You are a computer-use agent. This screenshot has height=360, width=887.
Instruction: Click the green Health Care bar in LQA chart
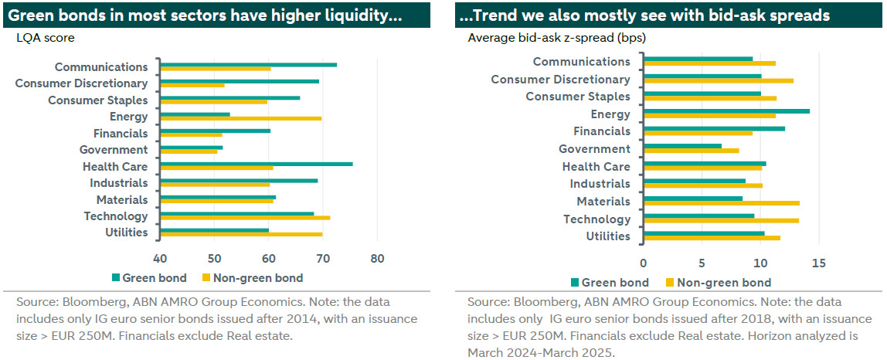click(255, 164)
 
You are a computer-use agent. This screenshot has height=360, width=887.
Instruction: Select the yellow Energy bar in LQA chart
click(240, 118)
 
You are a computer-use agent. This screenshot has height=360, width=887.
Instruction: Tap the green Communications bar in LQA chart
click(247, 65)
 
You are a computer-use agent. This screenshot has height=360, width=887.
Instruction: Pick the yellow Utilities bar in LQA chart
click(240, 234)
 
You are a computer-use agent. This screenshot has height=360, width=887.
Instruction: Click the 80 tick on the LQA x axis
click(377, 257)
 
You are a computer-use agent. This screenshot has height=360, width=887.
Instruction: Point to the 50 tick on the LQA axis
click(214, 257)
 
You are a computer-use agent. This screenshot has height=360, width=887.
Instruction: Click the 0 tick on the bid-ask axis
click(643, 263)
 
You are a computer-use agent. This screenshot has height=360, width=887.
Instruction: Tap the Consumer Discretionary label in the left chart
click(81, 83)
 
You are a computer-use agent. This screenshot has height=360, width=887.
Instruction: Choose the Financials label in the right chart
click(601, 131)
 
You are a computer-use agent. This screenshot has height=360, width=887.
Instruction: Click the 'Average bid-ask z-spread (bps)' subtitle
click(556, 37)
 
